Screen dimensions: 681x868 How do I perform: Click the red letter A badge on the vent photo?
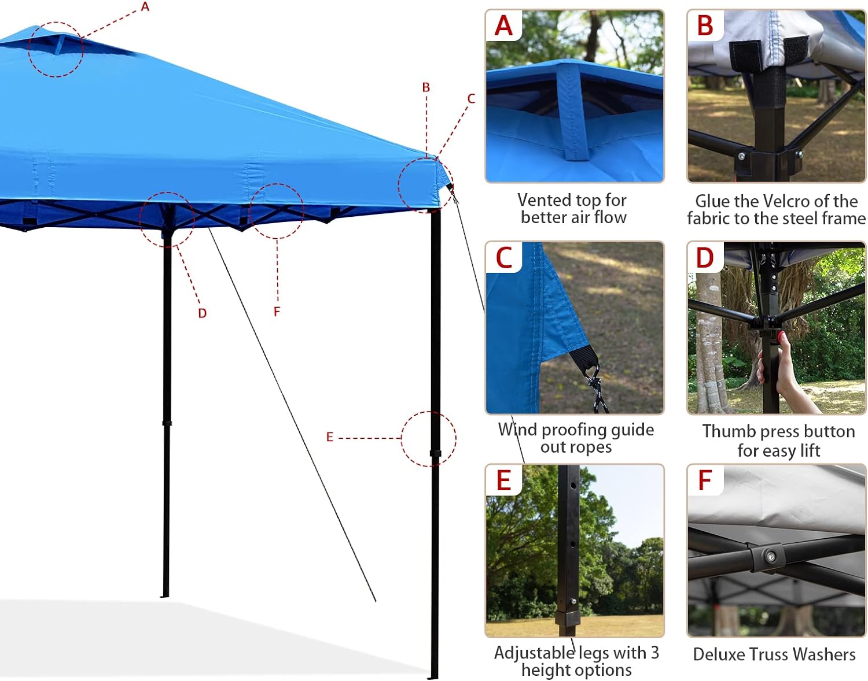[504, 26]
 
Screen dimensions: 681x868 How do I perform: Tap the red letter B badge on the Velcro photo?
[705, 26]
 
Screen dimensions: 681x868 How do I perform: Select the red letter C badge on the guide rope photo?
[504, 258]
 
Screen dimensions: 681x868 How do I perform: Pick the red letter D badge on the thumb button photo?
[705, 258]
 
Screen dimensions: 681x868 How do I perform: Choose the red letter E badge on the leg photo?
[504, 480]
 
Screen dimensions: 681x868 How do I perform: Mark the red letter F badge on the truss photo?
[705, 480]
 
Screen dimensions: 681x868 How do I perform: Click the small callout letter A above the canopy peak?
[145, 7]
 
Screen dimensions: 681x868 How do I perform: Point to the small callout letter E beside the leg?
[330, 437]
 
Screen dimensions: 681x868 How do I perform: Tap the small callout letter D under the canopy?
[202, 313]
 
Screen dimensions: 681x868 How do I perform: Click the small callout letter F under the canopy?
[277, 312]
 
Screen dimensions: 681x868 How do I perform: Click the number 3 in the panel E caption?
[654, 653]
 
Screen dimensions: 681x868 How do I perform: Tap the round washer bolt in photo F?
[770, 557]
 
